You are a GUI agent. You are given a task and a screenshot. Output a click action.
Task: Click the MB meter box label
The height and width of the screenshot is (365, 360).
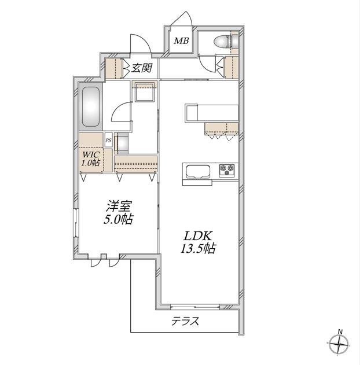[x=181, y=41]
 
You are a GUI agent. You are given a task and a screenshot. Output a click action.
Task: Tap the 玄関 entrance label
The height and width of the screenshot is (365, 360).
[x=142, y=68]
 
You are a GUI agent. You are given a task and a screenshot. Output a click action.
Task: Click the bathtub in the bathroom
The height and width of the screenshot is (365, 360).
[x=91, y=107]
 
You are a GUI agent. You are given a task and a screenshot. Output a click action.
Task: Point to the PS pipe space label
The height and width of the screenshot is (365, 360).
[x=108, y=141]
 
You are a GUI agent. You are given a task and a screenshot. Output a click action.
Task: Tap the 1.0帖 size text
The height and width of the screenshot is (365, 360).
[x=91, y=163]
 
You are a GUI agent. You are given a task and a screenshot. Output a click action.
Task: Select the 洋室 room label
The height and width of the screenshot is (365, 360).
[x=119, y=206]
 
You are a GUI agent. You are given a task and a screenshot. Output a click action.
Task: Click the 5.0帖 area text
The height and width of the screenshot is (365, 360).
[x=118, y=219]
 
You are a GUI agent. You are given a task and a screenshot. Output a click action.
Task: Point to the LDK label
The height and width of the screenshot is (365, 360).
[x=198, y=236]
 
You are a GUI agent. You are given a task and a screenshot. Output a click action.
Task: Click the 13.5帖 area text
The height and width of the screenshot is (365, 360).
[x=198, y=248]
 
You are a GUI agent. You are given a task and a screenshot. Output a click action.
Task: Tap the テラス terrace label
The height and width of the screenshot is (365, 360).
[x=185, y=322]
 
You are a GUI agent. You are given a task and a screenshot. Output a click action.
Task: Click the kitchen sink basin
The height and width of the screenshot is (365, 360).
[x=197, y=172]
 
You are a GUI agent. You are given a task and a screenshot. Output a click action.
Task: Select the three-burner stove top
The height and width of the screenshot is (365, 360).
[x=227, y=170]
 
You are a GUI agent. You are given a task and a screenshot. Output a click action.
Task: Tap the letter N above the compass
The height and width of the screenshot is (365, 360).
[x=340, y=331]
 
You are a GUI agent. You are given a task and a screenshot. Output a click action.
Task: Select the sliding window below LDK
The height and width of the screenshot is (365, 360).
[x=195, y=307]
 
